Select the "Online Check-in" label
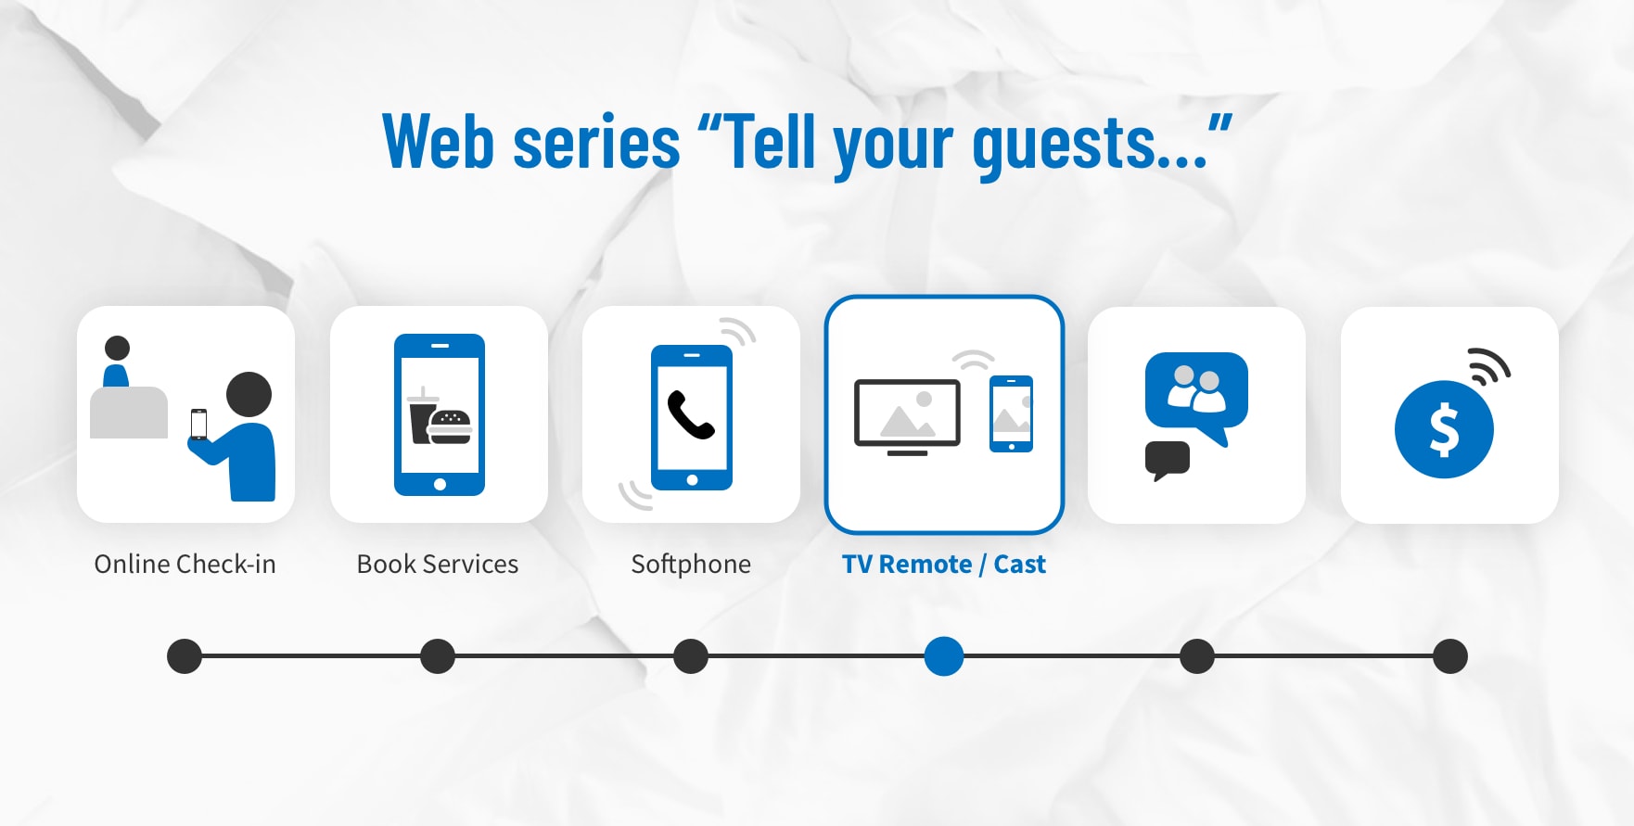click(x=185, y=564)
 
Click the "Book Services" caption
click(x=438, y=564)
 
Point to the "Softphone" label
click(x=691, y=564)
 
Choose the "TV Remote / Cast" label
click(x=944, y=564)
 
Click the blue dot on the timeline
click(x=944, y=656)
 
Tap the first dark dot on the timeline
click(x=185, y=656)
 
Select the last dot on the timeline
click(x=1450, y=656)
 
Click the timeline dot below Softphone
click(x=691, y=656)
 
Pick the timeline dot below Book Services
click(x=438, y=656)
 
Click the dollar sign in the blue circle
click(x=1444, y=431)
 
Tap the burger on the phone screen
click(x=451, y=426)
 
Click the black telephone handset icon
click(x=691, y=414)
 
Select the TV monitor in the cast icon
click(x=907, y=413)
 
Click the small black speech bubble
click(x=1167, y=459)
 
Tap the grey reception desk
click(x=129, y=413)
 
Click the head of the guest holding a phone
click(x=249, y=394)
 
